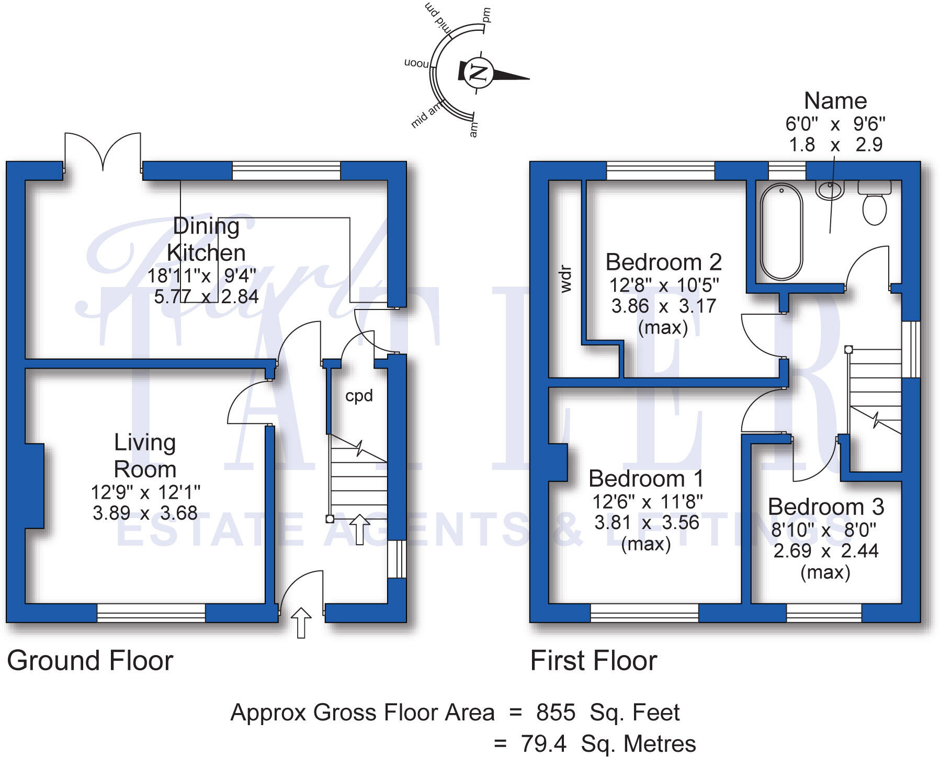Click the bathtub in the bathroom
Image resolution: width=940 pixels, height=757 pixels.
[782, 232]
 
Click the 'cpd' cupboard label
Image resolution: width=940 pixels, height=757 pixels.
[359, 396]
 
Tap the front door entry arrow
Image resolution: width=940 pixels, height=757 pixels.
[301, 622]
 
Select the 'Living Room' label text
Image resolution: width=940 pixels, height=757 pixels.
[145, 456]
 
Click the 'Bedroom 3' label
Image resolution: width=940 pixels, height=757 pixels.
[825, 507]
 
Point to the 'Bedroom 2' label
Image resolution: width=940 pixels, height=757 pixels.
[663, 262]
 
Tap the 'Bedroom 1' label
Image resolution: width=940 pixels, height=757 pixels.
[645, 478]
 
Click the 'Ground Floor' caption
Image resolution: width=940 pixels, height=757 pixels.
[90, 661]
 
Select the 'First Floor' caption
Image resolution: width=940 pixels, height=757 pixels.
[593, 661]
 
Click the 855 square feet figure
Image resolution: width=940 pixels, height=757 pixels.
[556, 713]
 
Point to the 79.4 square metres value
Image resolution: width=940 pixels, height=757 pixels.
[543, 743]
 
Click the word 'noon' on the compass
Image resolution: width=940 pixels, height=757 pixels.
[416, 63]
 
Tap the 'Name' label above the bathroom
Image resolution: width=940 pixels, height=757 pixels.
[835, 101]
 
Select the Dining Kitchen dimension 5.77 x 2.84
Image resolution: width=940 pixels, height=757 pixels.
[206, 296]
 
